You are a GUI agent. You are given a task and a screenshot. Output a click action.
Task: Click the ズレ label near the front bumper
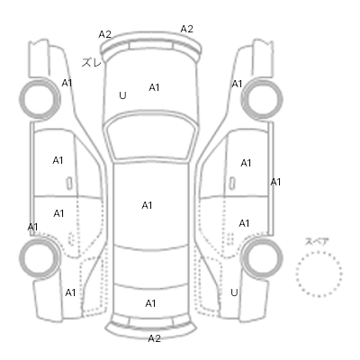coord(92,62)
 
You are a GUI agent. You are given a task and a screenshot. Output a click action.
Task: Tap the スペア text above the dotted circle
coord(317,241)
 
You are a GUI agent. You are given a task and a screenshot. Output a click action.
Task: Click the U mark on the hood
coord(122,95)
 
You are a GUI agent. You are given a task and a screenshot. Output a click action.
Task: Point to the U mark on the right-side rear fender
coord(234,292)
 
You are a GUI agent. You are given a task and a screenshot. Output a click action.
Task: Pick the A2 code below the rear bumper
coord(155,338)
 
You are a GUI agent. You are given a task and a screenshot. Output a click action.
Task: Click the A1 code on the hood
coord(154,87)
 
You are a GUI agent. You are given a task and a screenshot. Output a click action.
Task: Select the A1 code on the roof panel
coord(147,205)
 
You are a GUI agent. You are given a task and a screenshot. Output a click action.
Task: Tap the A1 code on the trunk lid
coord(150,303)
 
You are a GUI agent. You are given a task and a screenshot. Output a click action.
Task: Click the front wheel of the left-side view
coord(40,98)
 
